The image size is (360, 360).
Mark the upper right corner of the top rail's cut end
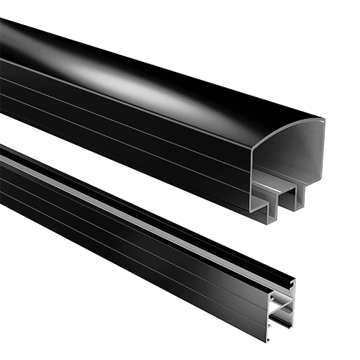[x=322, y=120]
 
